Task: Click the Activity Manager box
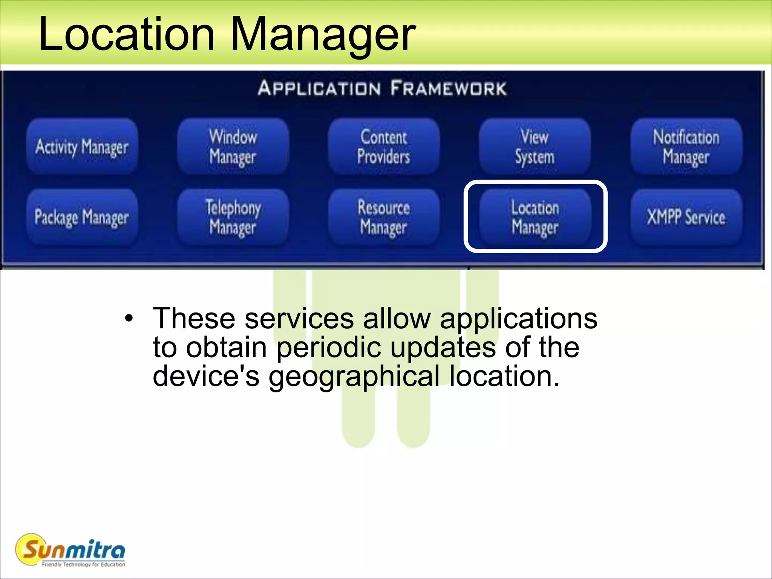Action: pos(82,147)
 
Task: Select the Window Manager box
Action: pos(233,147)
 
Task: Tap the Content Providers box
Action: pos(384,147)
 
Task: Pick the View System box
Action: pos(535,147)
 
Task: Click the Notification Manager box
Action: pos(686,147)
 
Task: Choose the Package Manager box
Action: pos(82,217)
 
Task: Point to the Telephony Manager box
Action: pos(233,217)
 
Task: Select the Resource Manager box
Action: pos(384,217)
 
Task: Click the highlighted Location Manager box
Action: pos(535,217)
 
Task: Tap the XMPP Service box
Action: pos(686,217)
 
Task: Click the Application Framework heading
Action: pos(382,88)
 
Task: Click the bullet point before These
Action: pos(129,319)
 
